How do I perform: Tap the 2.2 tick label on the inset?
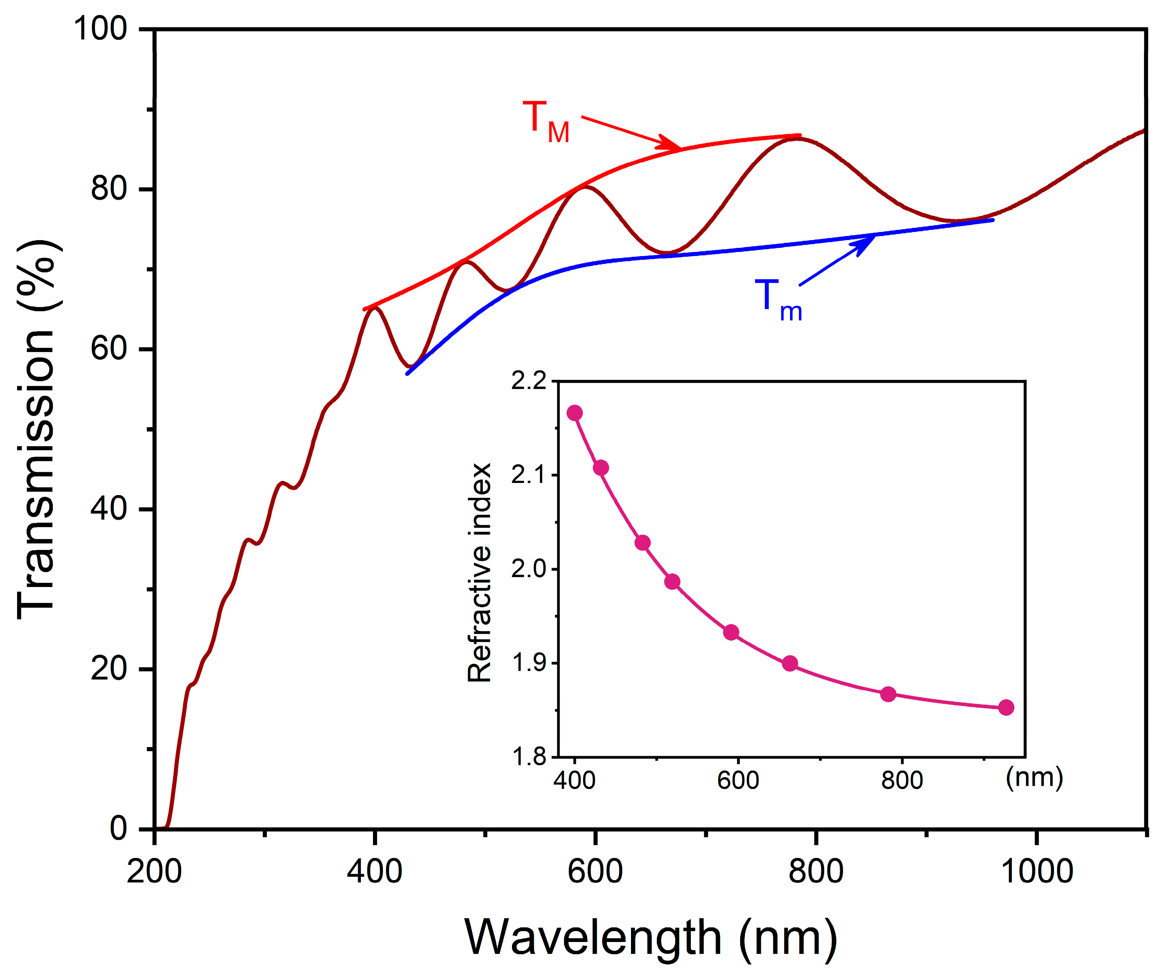pos(528,381)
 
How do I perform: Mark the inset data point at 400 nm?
pos(575,413)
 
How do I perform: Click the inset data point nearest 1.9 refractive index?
pos(790,663)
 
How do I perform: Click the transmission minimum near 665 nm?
pos(668,253)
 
